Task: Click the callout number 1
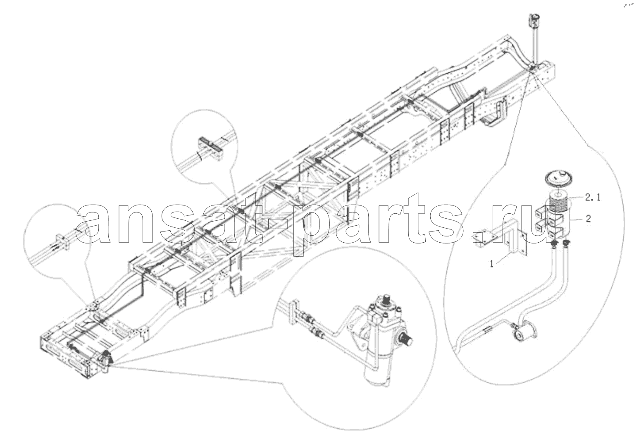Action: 492,264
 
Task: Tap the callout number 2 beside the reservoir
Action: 588,219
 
